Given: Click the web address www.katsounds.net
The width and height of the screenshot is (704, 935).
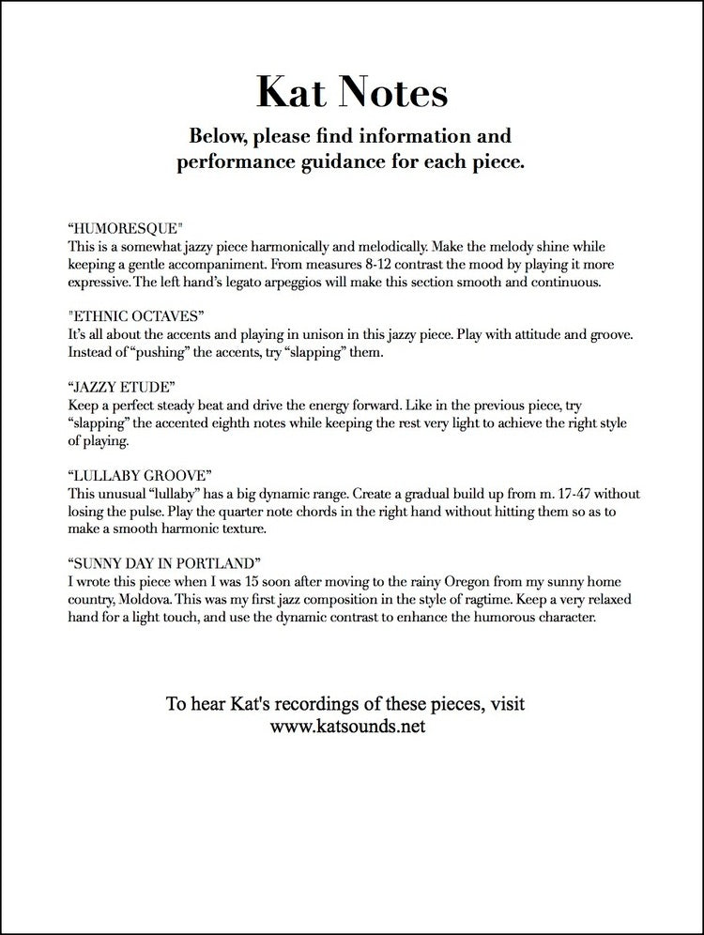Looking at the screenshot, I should [x=351, y=726].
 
